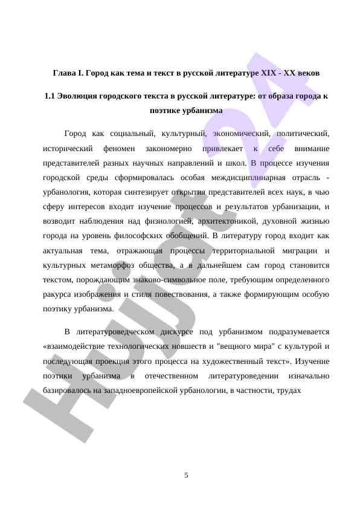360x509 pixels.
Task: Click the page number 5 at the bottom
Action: click(x=186, y=476)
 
